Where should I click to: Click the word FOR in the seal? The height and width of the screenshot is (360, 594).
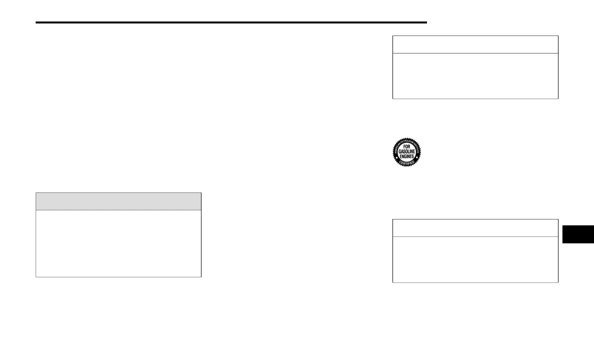point(406,147)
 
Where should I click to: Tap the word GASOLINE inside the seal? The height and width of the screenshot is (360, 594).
point(406,151)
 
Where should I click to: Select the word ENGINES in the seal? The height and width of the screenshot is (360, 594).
point(406,156)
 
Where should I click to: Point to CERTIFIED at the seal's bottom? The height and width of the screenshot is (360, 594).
point(406,163)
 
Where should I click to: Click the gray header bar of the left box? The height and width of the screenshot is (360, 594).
point(118,201)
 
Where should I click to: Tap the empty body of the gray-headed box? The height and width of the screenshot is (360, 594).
point(118,243)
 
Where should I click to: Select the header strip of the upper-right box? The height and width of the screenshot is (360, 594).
point(475,44)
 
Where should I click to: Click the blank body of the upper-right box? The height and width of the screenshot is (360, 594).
point(475,75)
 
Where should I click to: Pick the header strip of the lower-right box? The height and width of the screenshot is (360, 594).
point(475,228)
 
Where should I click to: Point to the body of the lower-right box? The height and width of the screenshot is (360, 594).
point(475,259)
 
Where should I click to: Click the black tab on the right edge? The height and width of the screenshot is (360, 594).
point(578,234)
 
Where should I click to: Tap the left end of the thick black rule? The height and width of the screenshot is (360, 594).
point(37,22)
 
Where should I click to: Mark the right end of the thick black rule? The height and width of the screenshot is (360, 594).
point(426,22)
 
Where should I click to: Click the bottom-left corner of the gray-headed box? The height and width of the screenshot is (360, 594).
point(36,276)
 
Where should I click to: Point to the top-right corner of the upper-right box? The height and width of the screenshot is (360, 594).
point(557,36)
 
